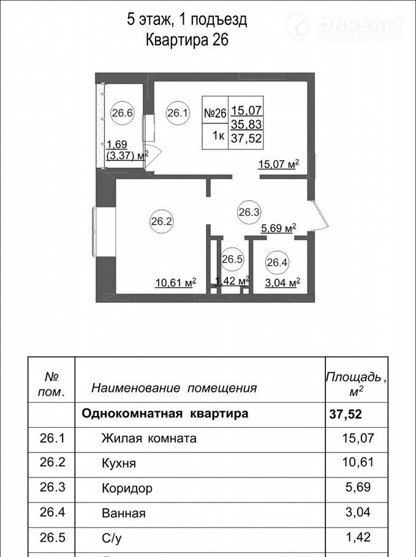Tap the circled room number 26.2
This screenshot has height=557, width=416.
point(161,222)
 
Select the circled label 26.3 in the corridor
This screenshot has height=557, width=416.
point(249,212)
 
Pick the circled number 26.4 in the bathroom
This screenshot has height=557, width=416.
point(278,263)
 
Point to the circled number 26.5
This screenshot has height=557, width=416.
point(232,260)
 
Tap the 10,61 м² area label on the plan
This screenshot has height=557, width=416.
point(176,283)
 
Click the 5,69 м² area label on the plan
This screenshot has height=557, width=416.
point(279,228)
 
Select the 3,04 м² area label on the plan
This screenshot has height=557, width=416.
point(283,283)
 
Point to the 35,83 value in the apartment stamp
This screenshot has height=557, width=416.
point(246,124)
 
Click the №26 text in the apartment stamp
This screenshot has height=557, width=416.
point(215,113)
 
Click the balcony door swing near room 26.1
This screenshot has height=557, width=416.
point(153,153)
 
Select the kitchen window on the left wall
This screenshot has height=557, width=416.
point(94,231)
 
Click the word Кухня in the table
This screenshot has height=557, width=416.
point(119,463)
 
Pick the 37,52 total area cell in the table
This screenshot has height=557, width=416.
point(346,414)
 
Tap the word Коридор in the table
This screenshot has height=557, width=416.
point(127,488)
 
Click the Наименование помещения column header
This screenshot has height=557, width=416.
point(174,388)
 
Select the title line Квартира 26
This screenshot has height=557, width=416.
point(187,40)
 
